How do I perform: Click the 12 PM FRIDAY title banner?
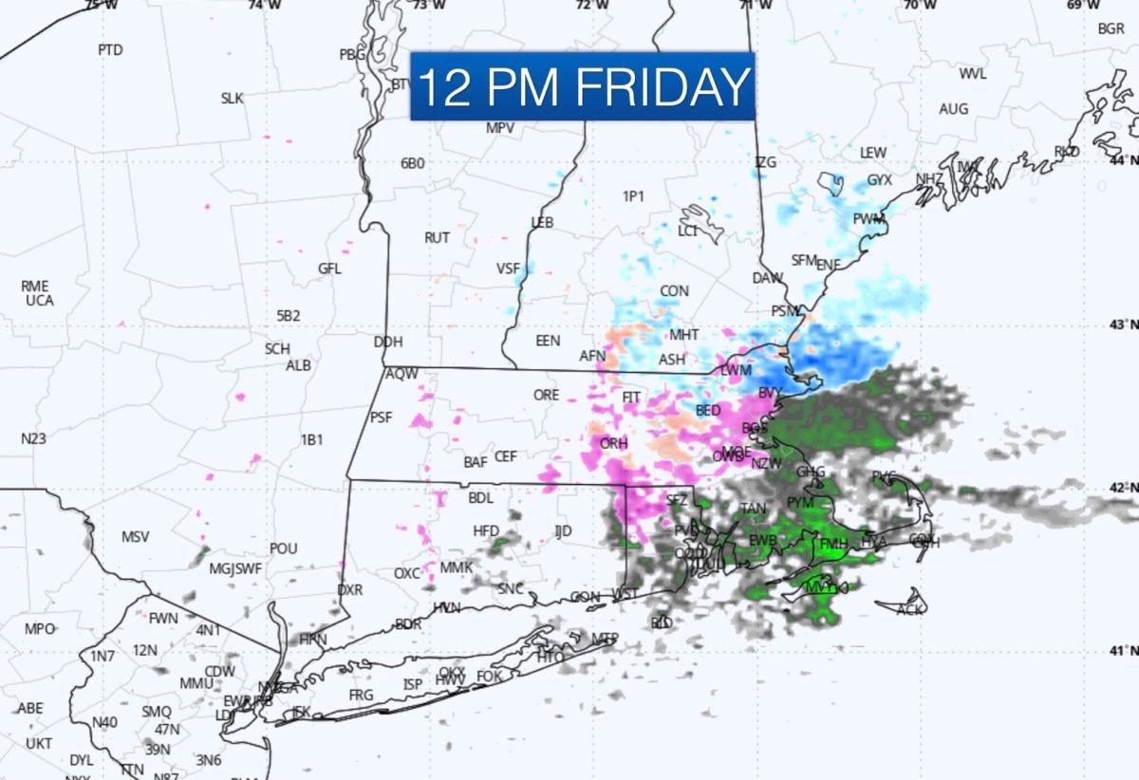point(582,86)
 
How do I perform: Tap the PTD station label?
point(110,50)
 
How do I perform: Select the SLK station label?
point(233,98)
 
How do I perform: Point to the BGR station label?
point(1111,28)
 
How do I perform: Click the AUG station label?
point(953,109)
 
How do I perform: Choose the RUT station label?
point(437,237)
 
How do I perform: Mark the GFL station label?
point(329,269)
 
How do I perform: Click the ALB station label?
point(299,365)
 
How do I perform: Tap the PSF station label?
point(381,417)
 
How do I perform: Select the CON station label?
point(675,290)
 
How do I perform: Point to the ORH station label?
point(614,443)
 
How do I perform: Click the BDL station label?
point(481,497)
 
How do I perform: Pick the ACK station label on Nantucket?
point(909,609)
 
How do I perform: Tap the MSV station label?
point(135,537)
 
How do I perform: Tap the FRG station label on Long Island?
point(361,695)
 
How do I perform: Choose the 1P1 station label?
point(633,196)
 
